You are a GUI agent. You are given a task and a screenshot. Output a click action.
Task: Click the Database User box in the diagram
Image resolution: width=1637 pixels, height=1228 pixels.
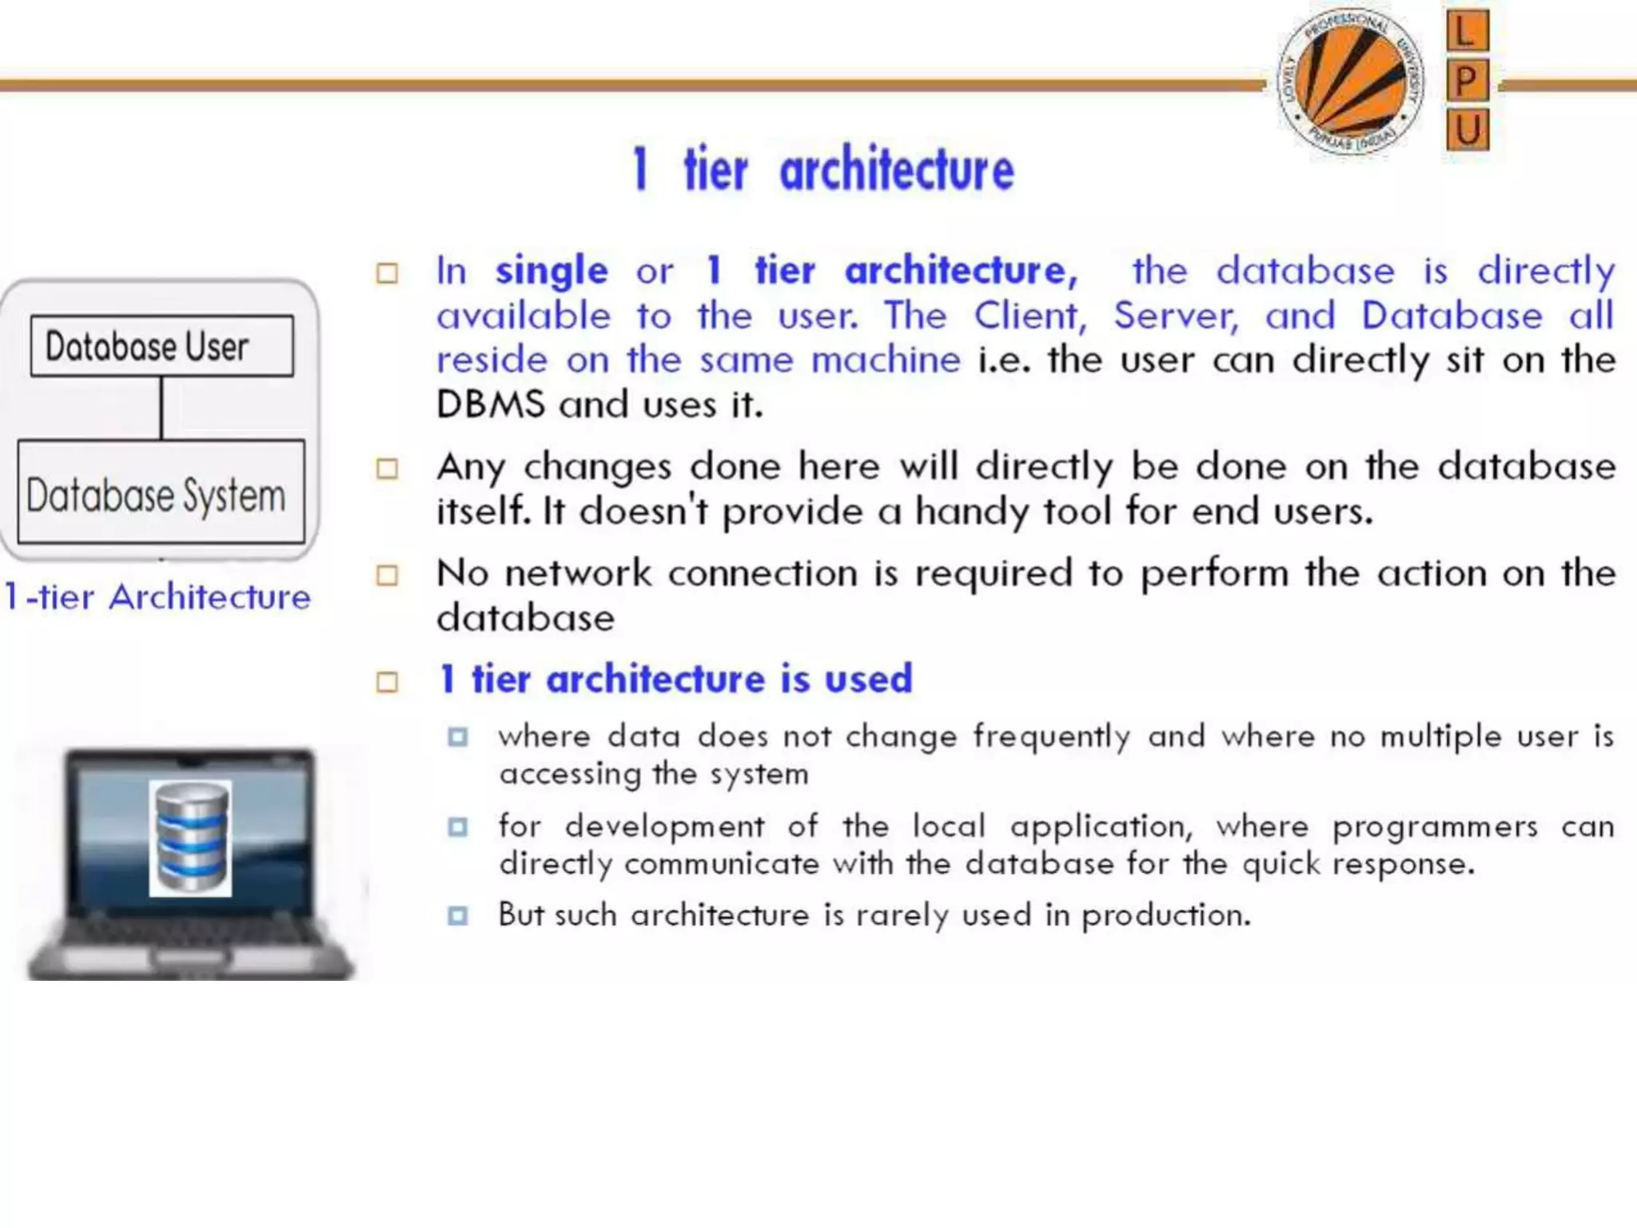pyautogui.click(x=161, y=346)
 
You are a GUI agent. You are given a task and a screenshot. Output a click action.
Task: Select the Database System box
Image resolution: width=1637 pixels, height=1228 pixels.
pyautogui.click(x=161, y=492)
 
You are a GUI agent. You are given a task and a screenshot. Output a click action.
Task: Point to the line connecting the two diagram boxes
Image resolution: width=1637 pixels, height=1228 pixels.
pyautogui.click(x=161, y=408)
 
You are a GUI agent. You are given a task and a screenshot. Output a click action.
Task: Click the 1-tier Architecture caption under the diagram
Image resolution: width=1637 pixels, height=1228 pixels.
pyautogui.click(x=157, y=597)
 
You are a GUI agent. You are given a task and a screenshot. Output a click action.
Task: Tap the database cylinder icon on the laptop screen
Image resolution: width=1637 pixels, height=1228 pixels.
pyautogui.click(x=190, y=837)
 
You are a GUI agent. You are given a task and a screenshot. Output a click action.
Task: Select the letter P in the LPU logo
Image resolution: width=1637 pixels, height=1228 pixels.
pyautogui.click(x=1467, y=81)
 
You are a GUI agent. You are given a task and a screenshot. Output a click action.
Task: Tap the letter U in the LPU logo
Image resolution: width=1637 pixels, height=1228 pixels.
pyautogui.click(x=1468, y=130)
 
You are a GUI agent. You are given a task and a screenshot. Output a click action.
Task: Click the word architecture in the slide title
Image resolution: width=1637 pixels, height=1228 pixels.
pyautogui.click(x=896, y=170)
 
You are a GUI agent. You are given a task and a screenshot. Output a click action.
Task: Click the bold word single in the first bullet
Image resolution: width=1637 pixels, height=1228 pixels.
pyautogui.click(x=552, y=271)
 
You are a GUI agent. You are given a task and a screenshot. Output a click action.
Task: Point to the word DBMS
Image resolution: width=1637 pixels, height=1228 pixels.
pyautogui.click(x=490, y=405)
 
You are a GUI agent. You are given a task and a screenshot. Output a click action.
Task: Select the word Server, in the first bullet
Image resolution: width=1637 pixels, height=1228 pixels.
pyautogui.click(x=1176, y=316)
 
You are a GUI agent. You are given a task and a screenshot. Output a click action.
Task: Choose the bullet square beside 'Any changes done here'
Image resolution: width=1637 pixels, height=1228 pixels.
pyautogui.click(x=388, y=468)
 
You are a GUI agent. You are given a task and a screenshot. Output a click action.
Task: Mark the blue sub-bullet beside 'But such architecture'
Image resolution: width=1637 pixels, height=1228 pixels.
pyautogui.click(x=458, y=915)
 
